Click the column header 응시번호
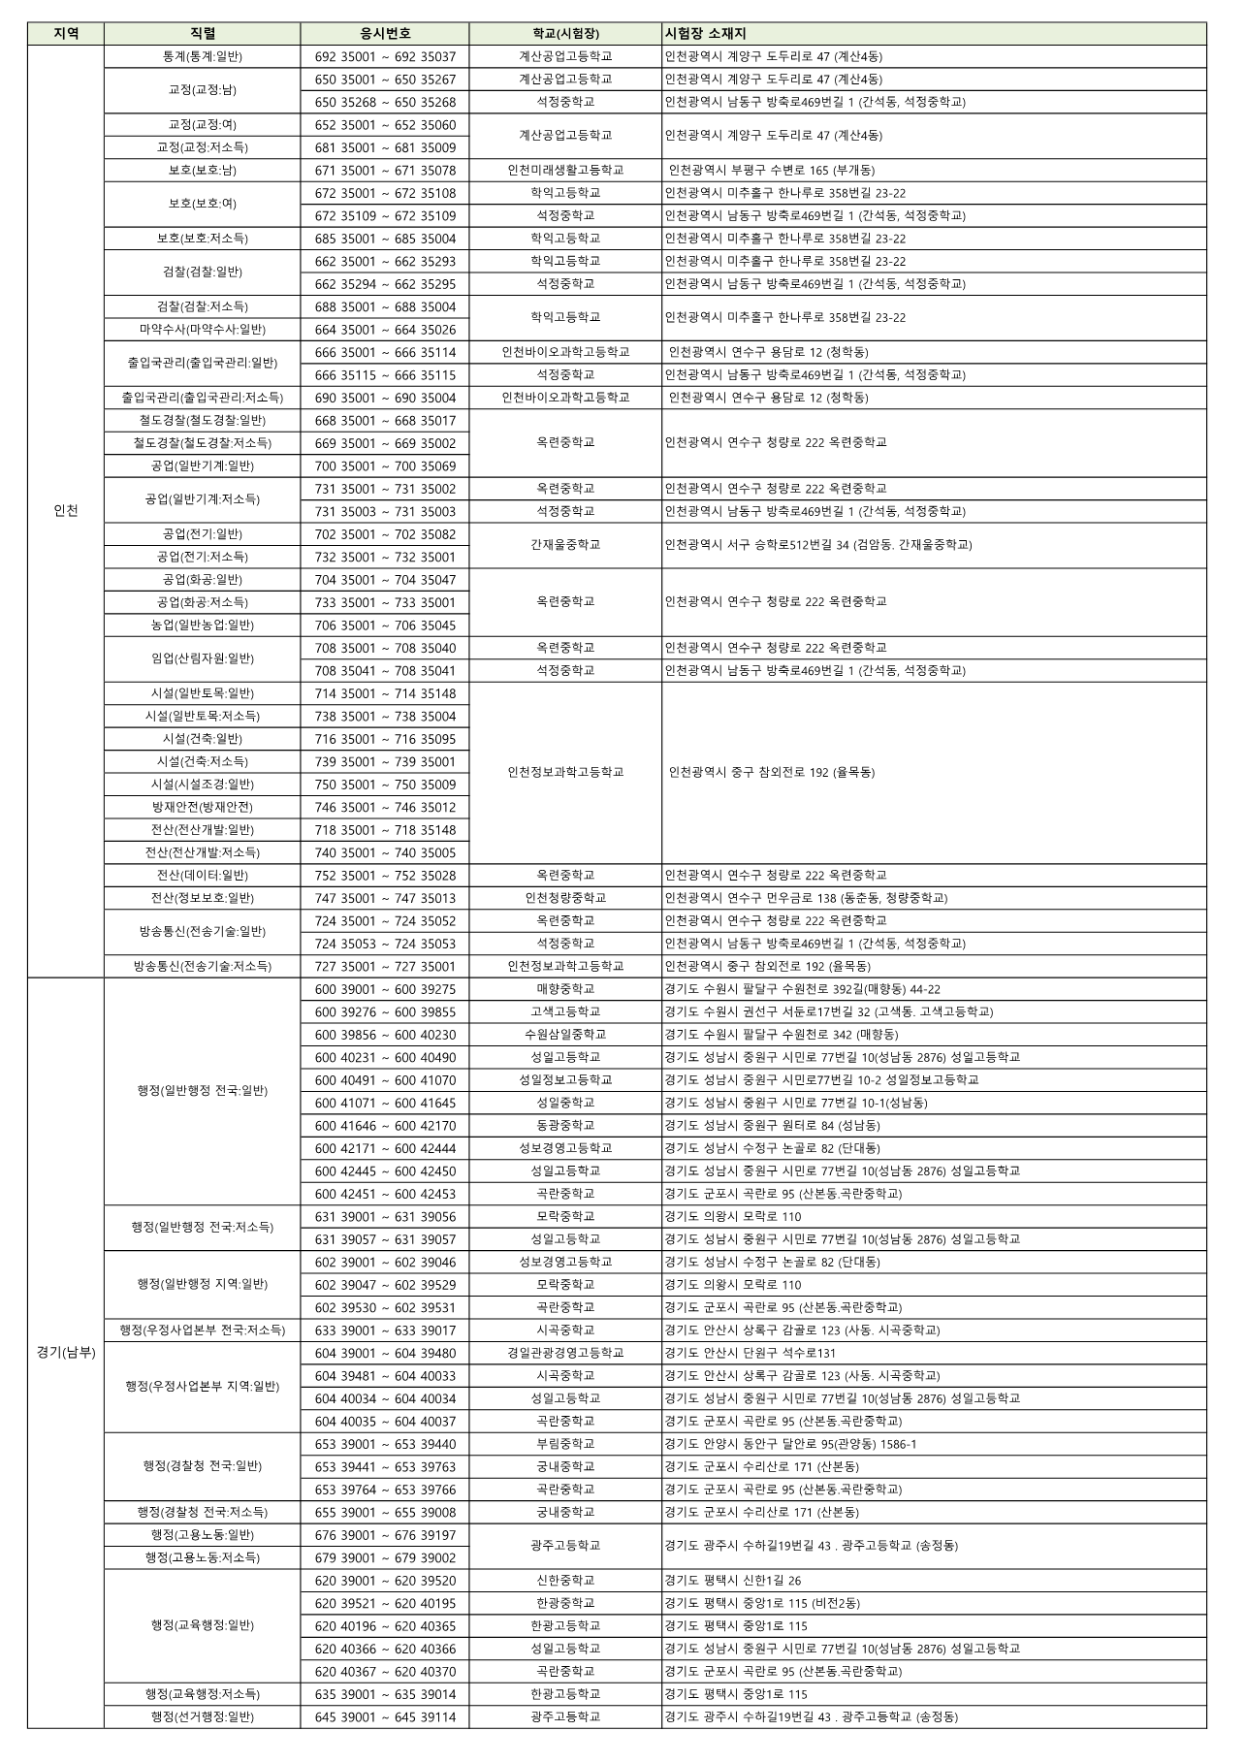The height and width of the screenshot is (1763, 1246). pos(385,34)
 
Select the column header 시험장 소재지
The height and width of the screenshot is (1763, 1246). pos(705,34)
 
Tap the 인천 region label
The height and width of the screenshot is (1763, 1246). pos(66,511)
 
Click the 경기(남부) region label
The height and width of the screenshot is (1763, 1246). pos(66,1353)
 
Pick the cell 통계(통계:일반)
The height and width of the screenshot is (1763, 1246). pos(203,57)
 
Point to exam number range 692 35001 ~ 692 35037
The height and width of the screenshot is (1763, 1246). pos(385,57)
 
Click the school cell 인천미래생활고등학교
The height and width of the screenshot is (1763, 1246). pos(565,171)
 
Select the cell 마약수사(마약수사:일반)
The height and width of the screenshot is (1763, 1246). pos(203,330)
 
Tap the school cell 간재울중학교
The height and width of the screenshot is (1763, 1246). pos(565,545)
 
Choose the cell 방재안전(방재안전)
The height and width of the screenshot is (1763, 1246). pos(203,807)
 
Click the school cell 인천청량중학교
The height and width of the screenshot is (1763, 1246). pos(565,898)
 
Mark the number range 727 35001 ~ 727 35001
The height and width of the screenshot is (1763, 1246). pos(385,967)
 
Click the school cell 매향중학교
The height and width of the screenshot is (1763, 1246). pos(565,989)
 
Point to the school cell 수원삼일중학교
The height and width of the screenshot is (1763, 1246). pos(565,1035)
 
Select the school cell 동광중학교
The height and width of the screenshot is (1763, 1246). pos(565,1126)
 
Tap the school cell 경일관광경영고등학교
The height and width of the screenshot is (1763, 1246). pos(565,1353)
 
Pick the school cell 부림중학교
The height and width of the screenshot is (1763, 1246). pos(565,1444)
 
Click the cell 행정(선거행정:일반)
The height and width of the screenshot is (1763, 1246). pos(203,1716)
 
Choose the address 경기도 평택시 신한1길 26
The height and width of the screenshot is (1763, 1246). pos(733,1581)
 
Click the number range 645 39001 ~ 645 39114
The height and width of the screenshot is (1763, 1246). pos(385,1716)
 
